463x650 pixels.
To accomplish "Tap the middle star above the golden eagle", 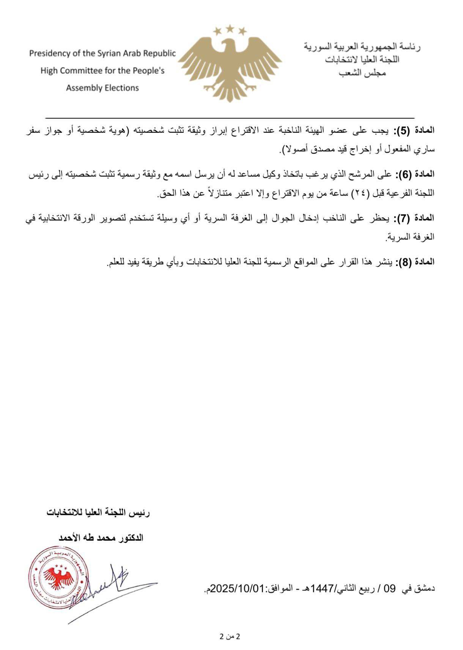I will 230,28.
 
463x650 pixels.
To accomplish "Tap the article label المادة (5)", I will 414,131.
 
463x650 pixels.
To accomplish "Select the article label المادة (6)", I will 414,175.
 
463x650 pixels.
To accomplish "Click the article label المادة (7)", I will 414,218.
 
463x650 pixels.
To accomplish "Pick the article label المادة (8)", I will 414,262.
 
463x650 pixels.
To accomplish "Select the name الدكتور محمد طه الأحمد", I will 101,538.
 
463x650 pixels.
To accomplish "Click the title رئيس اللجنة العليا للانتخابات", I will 98,513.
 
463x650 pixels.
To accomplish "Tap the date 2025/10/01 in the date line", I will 237,589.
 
